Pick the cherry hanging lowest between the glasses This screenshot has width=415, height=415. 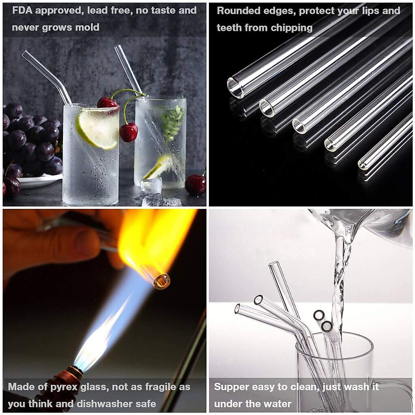(129, 132)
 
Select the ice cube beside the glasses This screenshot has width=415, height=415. (151, 187)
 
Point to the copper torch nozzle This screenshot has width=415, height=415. (74, 373)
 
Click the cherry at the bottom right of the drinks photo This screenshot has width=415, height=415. (195, 185)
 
